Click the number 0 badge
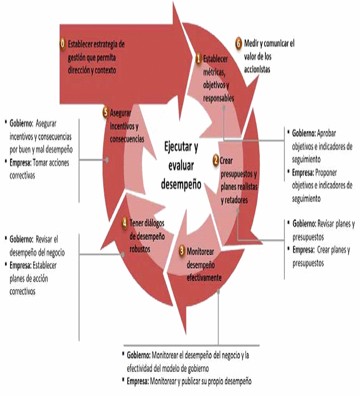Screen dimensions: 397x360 (63, 45)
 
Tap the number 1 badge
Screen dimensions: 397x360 (198, 58)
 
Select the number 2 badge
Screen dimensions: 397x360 (215, 161)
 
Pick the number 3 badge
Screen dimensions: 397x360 (182, 251)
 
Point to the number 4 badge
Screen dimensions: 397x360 (124, 223)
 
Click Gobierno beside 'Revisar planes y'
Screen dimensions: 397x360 (304, 224)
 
